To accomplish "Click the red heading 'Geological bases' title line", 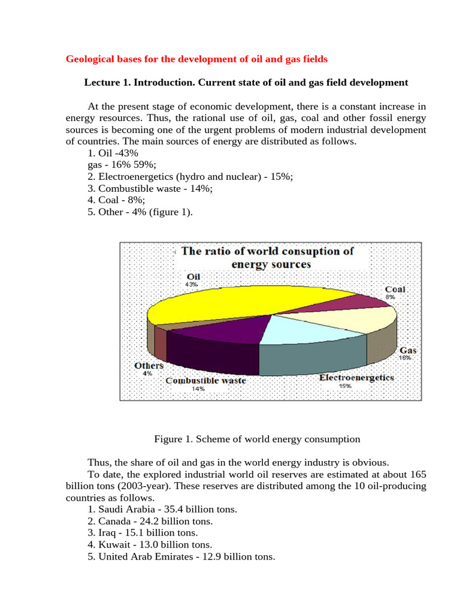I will tap(196, 59).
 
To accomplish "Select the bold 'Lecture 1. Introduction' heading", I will tap(246, 82).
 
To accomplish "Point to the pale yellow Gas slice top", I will tap(353, 318).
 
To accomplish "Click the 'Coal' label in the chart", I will tap(395, 289).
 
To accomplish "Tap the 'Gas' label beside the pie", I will tap(408, 350).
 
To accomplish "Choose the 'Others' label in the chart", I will tap(149, 365).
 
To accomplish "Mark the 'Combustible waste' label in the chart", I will tap(205, 380).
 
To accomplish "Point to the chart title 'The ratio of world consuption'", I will tap(267, 251).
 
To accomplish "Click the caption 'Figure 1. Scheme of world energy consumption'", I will tap(257, 439).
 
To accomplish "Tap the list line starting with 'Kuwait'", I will tap(150, 545).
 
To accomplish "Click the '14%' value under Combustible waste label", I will tap(198, 389).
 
